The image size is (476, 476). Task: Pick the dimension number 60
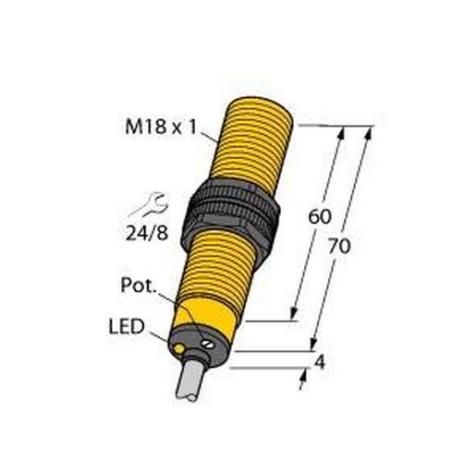(319, 218)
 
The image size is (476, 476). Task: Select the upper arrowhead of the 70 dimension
(369, 132)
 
